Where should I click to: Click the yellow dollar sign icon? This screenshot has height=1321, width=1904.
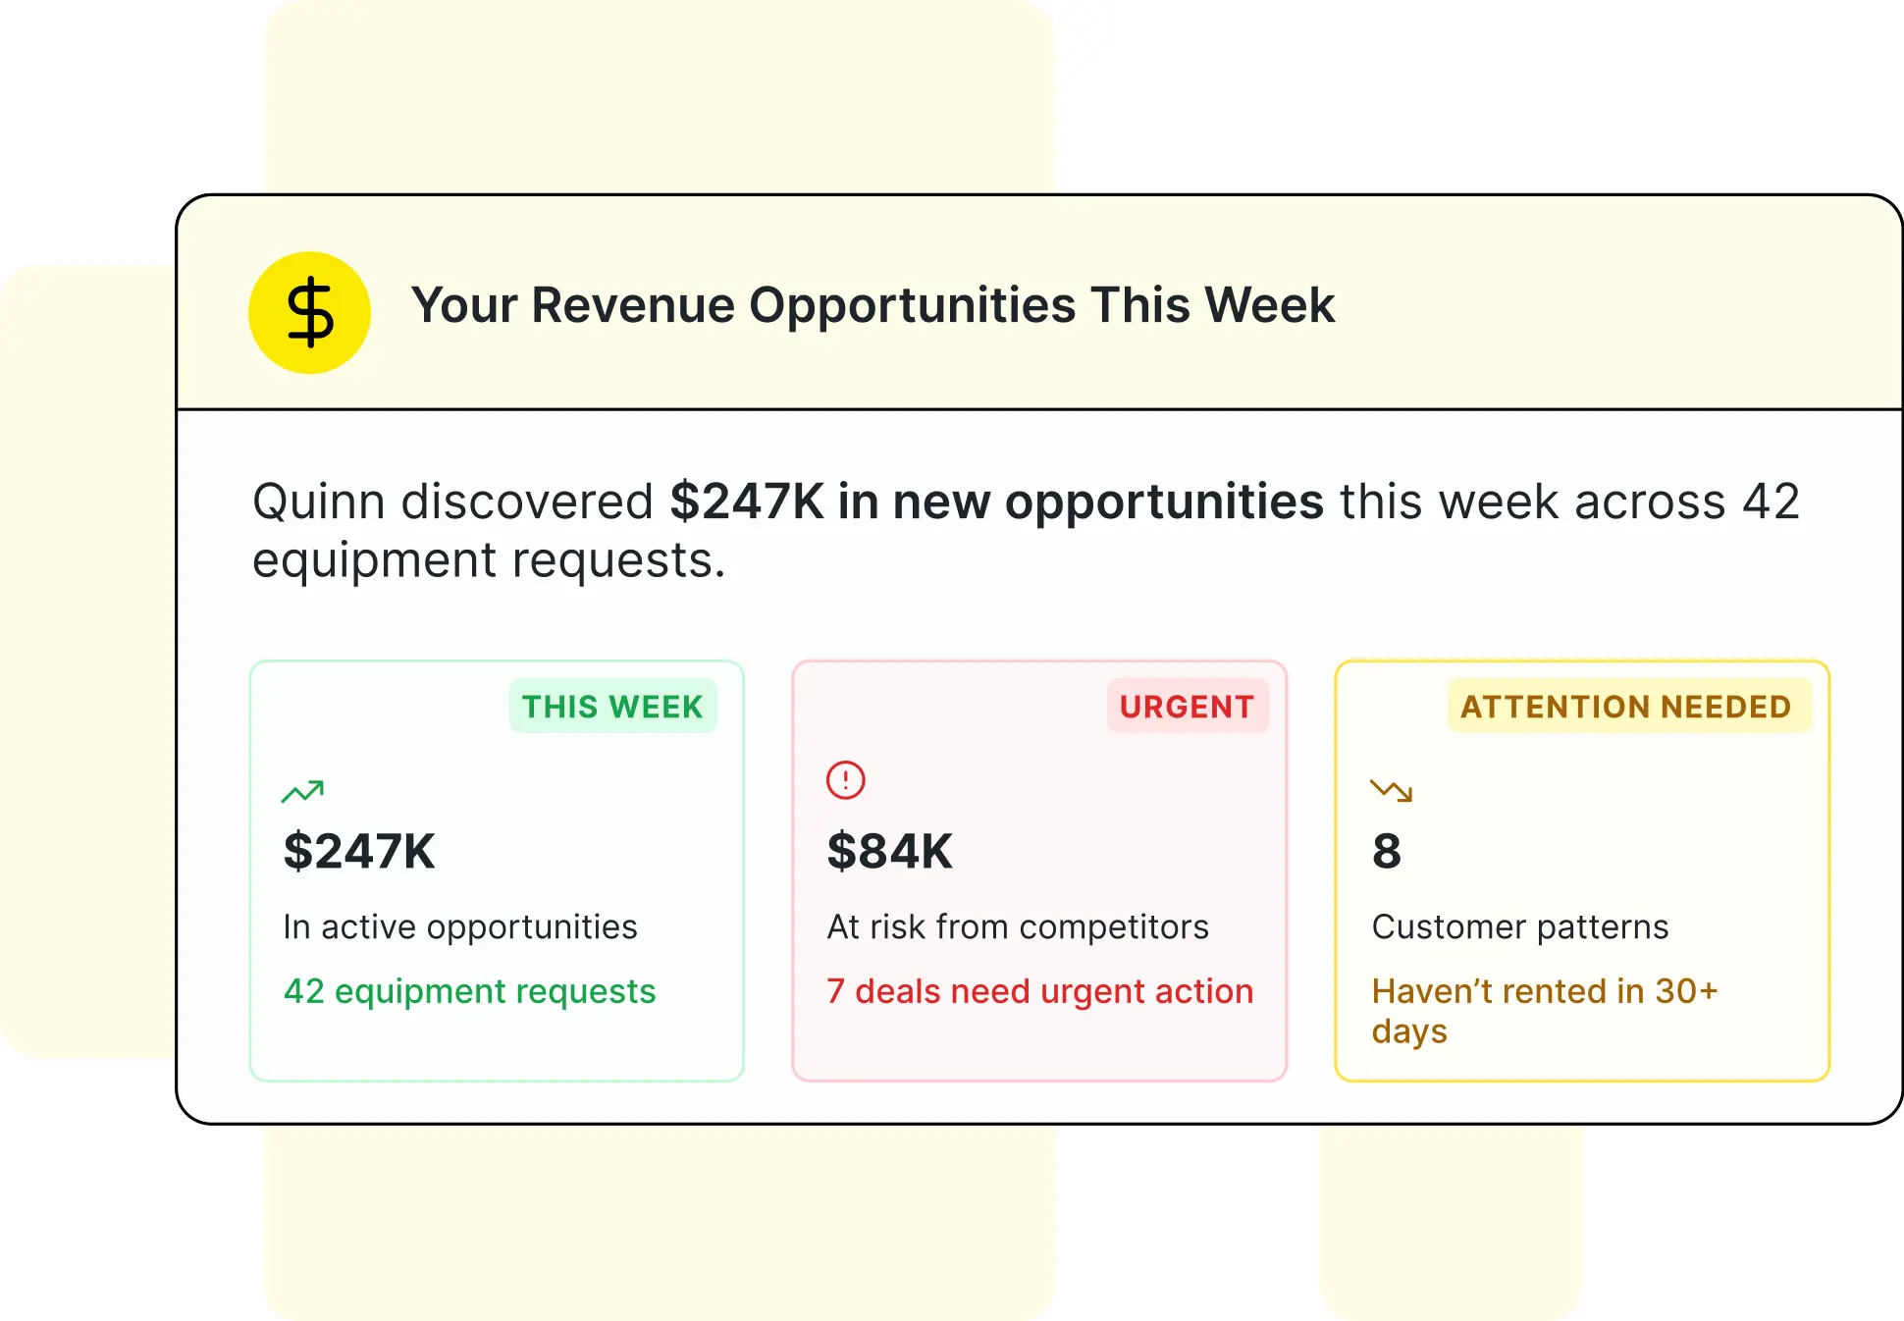pyautogui.click(x=309, y=313)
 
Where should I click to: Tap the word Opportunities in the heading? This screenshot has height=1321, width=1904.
pyautogui.click(x=913, y=305)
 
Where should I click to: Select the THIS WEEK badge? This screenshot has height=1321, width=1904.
pyautogui.click(x=612, y=707)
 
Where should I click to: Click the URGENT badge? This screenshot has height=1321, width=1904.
pyautogui.click(x=1187, y=707)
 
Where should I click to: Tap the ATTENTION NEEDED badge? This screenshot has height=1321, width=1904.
pyautogui.click(x=1625, y=707)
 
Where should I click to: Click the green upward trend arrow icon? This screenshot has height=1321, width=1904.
pyautogui.click(x=302, y=791)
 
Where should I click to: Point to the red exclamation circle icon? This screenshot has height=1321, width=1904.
pyautogui.click(x=845, y=780)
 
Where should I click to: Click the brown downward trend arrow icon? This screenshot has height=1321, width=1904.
pyautogui.click(x=1391, y=790)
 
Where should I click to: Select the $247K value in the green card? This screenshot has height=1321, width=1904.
pyautogui.click(x=359, y=851)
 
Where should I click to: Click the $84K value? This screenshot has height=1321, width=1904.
pyautogui.click(x=889, y=851)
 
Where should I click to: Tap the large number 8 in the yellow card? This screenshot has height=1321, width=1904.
pyautogui.click(x=1387, y=851)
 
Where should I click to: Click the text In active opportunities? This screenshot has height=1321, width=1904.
pyautogui.click(x=460, y=926)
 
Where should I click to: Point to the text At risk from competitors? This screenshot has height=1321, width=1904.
pyautogui.click(x=1018, y=926)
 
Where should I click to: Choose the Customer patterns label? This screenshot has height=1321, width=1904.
pyautogui.click(x=1520, y=926)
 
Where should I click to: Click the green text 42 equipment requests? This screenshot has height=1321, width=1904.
pyautogui.click(x=469, y=991)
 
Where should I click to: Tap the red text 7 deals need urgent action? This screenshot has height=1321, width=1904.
pyautogui.click(x=1039, y=991)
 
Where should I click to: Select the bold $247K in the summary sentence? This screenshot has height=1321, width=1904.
pyautogui.click(x=747, y=502)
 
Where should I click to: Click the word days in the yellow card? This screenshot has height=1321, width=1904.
pyautogui.click(x=1409, y=1032)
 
